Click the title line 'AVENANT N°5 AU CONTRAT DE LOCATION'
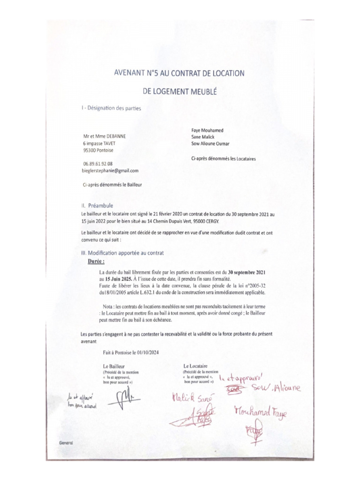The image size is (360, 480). click(x=180, y=73)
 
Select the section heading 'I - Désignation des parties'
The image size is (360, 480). click(x=111, y=108)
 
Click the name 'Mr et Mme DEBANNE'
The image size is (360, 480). click(x=105, y=136)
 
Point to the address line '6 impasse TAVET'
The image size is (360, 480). click(x=99, y=143)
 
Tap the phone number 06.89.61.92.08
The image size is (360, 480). click(x=98, y=164)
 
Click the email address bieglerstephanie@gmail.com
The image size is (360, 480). click(x=110, y=171)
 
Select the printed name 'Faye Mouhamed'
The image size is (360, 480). click(x=207, y=130)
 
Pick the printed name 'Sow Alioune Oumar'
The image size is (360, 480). click(x=210, y=144)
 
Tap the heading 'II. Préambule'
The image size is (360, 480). click(x=97, y=205)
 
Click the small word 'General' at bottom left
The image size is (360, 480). click(x=66, y=442)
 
